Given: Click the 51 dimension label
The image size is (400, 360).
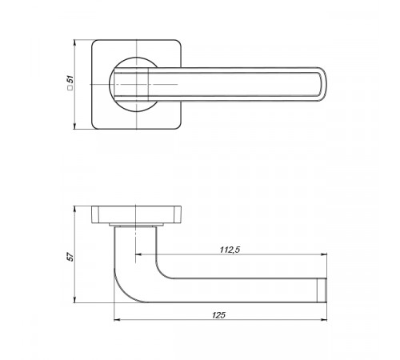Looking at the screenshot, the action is (x=70, y=79).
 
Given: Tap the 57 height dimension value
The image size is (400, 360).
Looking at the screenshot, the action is (x=70, y=257).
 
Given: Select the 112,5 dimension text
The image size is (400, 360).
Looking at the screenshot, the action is (x=230, y=250).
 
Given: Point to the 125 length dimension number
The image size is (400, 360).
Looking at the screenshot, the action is (x=218, y=315).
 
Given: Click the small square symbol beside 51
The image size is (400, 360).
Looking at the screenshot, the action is (x=70, y=88).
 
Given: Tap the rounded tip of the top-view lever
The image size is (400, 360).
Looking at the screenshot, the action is (x=322, y=84).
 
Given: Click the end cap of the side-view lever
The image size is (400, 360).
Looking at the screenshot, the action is (x=322, y=290).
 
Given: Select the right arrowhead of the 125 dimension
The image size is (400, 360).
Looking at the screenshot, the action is (x=324, y=319).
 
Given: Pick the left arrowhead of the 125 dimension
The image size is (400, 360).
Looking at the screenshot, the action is (x=117, y=319).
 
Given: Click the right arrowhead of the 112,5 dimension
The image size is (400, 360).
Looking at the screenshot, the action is (x=324, y=254).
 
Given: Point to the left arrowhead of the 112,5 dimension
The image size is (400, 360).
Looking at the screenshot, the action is (x=138, y=254).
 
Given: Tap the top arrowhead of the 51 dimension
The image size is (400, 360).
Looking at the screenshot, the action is (x=74, y=42).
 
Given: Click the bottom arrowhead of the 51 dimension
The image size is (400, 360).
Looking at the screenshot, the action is (x=74, y=126).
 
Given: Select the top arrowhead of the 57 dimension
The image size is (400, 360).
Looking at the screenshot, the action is (x=74, y=209).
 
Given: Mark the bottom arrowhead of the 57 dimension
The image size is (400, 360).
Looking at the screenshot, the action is (x=74, y=300).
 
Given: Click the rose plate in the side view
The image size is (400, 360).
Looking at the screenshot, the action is (x=137, y=214).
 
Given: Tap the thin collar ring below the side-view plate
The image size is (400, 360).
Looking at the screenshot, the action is (x=137, y=225).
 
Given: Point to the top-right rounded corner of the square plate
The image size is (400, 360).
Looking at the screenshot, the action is (x=179, y=42).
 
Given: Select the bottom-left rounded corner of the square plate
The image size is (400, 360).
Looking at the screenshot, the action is (x=94, y=126).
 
